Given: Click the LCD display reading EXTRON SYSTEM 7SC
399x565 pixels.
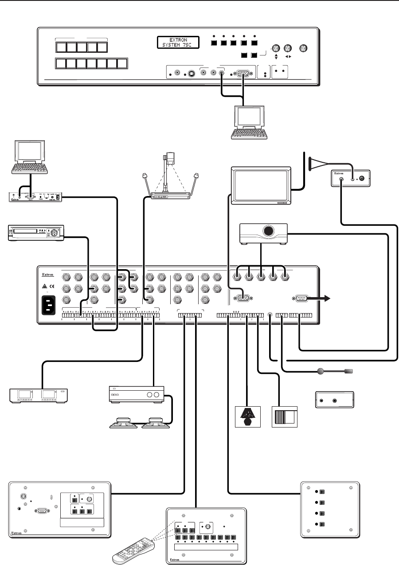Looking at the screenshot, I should point(177,43).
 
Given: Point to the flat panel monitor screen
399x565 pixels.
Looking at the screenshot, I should point(261,186).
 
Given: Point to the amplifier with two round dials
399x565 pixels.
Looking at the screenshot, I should point(137,395).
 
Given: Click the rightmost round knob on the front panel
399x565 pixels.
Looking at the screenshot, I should point(304,49).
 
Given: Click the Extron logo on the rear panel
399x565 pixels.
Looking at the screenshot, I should point(47,275).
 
